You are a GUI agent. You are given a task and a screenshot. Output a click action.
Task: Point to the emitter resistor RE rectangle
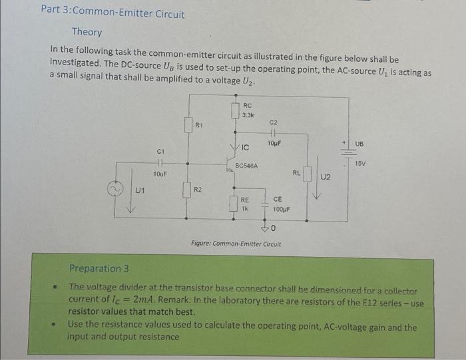point(234,202)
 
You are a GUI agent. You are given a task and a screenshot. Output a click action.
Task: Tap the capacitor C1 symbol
point(160,162)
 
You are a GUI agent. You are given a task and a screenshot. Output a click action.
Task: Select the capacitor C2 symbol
point(273,133)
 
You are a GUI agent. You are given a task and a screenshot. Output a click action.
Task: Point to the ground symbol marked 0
point(266,228)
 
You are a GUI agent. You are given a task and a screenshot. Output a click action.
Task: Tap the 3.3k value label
point(248,114)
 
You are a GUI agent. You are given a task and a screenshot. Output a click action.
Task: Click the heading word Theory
point(87,32)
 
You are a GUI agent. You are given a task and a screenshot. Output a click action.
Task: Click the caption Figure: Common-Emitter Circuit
point(236,244)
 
